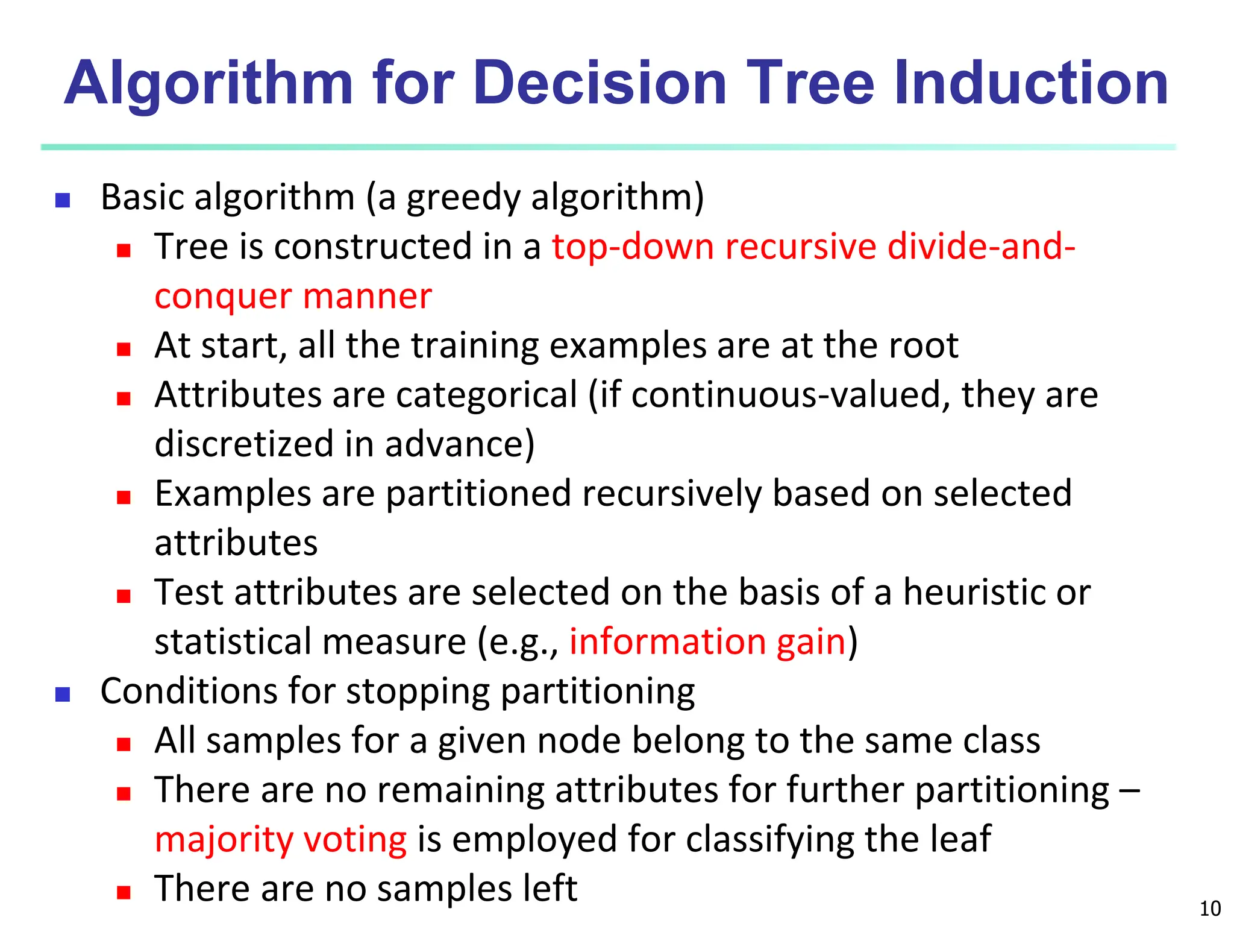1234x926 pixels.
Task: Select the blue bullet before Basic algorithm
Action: (x=63, y=200)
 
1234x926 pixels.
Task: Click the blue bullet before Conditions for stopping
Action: (x=63, y=694)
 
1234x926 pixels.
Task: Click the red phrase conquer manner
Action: (x=293, y=297)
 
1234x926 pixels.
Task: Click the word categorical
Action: (x=487, y=395)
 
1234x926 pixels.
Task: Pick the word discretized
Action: (x=244, y=445)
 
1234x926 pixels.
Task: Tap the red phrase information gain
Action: (x=707, y=642)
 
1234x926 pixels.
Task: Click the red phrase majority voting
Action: (x=281, y=840)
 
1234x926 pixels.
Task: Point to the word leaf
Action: (x=960, y=839)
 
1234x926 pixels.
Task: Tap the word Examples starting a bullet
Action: (x=233, y=494)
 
